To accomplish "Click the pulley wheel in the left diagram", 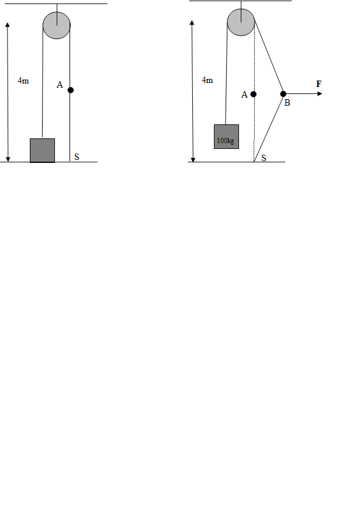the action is click(57, 25).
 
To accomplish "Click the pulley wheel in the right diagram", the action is click(241, 22).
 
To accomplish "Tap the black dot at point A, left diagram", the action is click(70, 90).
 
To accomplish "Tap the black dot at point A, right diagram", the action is click(253, 94).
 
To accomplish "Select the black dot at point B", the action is click(283, 94).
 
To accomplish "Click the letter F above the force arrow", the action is click(319, 84).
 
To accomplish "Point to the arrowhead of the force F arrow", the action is click(320, 94).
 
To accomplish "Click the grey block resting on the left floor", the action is click(42, 151).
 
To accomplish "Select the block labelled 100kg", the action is click(226, 137).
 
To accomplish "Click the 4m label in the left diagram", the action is click(23, 81).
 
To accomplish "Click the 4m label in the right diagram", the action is click(207, 80).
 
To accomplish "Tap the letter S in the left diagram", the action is click(77, 157).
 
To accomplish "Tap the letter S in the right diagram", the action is click(264, 158).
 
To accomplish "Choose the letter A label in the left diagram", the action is click(60, 85).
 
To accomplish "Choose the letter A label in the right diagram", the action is click(244, 95).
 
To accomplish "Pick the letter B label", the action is click(288, 103).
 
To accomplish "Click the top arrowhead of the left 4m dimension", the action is click(8, 25).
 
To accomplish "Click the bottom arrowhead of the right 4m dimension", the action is click(193, 160).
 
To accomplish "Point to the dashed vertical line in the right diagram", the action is click(254, 94).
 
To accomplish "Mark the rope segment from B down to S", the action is click(269, 128).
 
